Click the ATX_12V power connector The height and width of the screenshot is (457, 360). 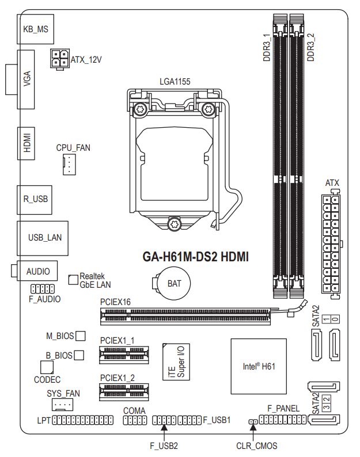point(59,59)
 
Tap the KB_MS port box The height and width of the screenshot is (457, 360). point(36,29)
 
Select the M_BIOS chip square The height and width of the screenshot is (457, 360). point(81,336)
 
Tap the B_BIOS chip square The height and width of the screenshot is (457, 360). point(79,355)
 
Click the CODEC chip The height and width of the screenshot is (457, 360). point(47,367)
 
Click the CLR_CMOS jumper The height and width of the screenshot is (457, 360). point(253,423)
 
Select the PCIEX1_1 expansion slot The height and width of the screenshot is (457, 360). point(123,355)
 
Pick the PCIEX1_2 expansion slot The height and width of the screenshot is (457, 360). point(123,393)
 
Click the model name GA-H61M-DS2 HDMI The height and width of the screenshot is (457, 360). point(196,257)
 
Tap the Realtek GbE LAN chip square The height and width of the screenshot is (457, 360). point(73,279)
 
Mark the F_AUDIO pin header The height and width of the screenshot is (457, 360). point(43,288)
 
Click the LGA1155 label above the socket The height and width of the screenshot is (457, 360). point(175,82)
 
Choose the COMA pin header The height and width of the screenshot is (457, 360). point(135,421)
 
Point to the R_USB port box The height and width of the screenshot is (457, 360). point(35,200)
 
